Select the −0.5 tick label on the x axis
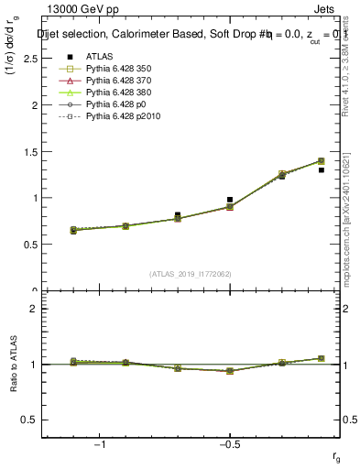[228, 444]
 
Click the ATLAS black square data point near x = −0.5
[230, 199]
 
